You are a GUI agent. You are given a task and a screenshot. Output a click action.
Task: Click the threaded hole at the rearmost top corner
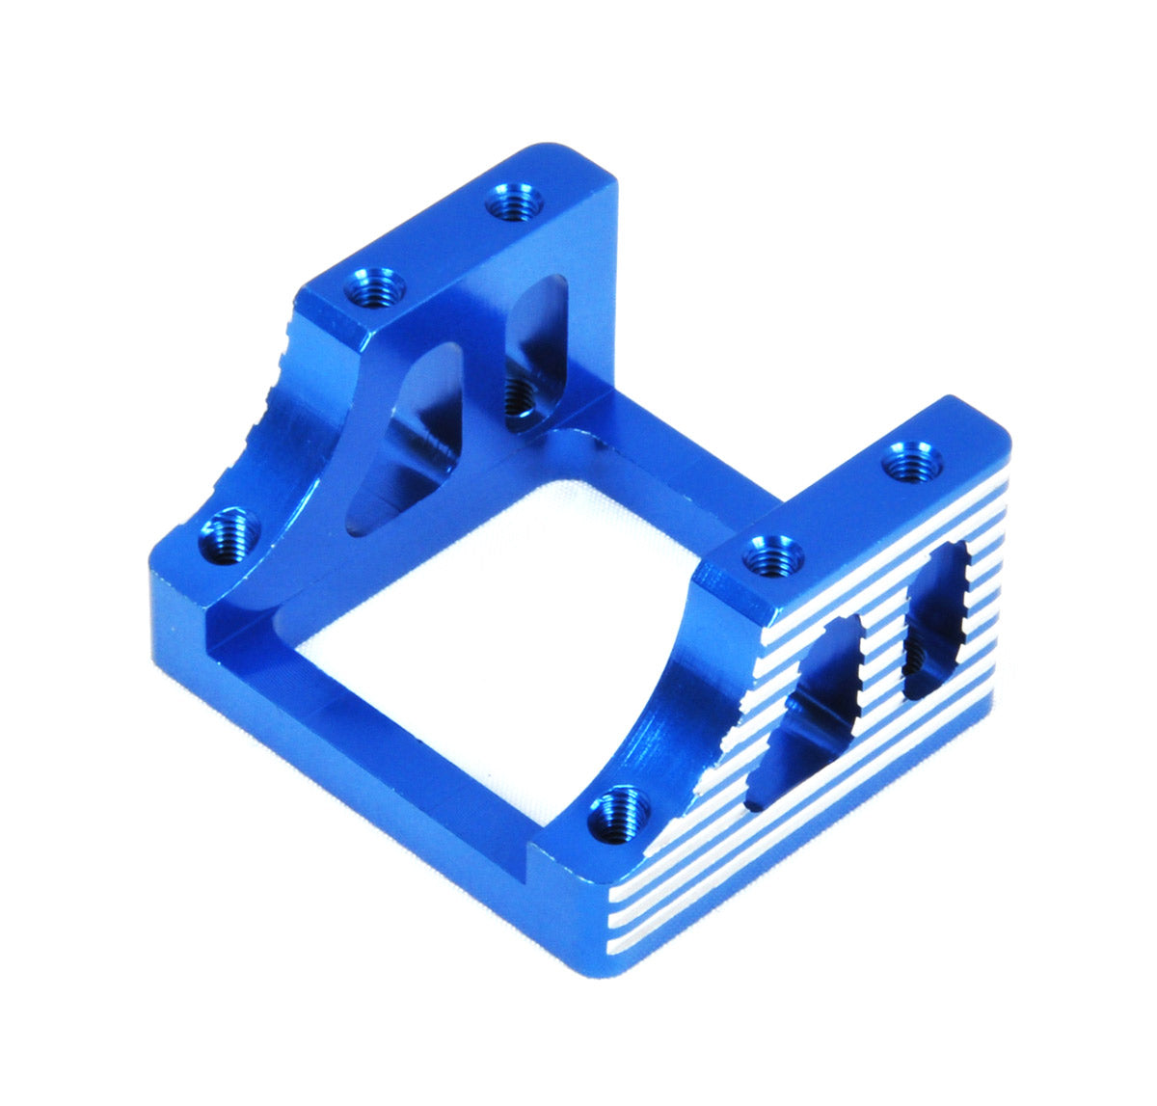point(514,203)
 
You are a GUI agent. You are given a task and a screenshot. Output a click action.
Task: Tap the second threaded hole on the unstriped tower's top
point(375,286)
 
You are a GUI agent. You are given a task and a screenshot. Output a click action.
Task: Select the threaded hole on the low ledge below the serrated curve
point(229,536)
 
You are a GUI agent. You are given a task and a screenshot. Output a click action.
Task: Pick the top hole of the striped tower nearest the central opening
point(774,555)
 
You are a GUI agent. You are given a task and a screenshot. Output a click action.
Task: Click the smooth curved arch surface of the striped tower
point(665,704)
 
